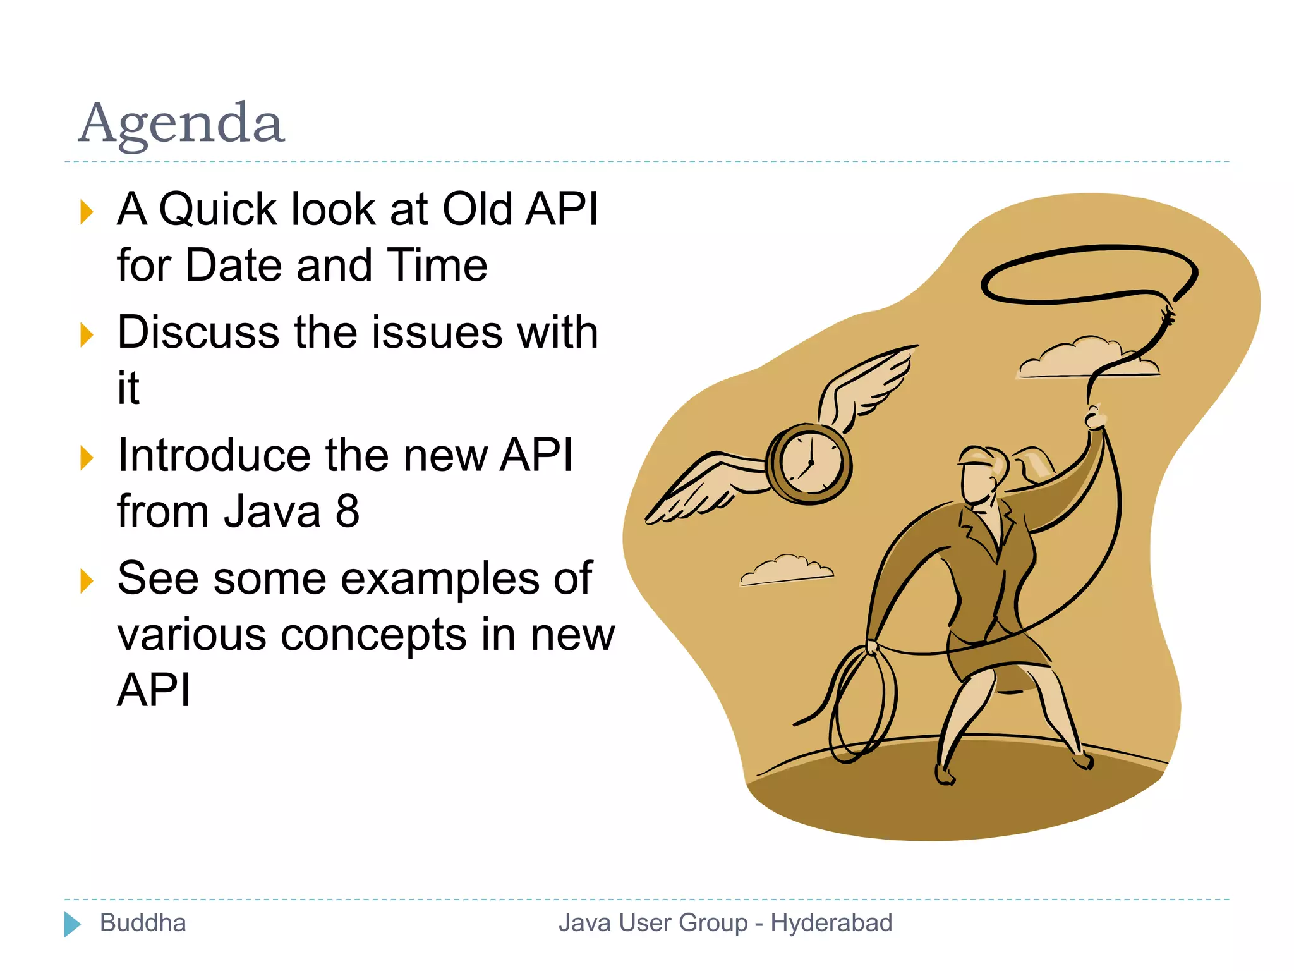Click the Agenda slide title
[181, 123]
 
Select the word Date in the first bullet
[233, 265]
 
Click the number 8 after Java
[347, 511]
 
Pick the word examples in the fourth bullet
[442, 578]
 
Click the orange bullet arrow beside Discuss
[87, 335]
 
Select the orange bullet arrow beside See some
[87, 581]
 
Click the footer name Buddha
[143, 923]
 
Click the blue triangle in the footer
[72, 924]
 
